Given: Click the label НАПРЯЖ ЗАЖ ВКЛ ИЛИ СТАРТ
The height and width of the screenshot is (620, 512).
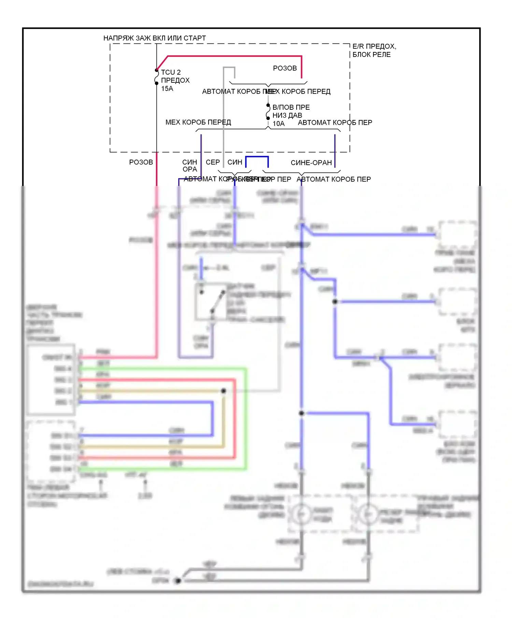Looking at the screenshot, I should point(154,38).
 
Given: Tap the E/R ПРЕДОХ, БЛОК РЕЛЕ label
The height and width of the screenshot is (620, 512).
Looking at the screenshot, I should point(374,50).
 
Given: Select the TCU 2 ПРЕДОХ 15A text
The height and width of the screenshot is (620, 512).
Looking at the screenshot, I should point(175,80).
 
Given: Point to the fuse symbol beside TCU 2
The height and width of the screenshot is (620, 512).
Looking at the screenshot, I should point(157,77).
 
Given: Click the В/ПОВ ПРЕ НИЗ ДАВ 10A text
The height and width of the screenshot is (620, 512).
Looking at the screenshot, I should point(290,115).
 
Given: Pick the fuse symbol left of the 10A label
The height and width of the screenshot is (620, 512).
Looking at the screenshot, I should point(268,112).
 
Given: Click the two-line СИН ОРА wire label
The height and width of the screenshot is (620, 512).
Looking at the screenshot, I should point(189,165).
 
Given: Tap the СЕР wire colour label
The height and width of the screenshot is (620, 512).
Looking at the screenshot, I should point(213,162).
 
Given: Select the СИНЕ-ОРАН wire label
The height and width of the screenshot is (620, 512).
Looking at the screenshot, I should point(311,163).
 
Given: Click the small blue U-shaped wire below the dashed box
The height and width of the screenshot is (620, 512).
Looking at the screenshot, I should point(257,157).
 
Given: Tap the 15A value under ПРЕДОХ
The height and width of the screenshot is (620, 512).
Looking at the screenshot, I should point(167,89).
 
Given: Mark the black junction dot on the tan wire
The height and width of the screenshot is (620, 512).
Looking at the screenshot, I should point(224,391).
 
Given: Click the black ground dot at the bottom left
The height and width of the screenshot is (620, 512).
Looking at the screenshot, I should point(178,581).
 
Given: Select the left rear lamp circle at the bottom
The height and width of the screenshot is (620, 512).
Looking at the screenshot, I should point(301,514).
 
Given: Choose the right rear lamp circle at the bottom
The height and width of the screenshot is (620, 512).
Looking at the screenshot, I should point(368,514).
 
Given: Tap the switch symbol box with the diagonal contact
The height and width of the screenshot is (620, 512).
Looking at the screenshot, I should point(211,301).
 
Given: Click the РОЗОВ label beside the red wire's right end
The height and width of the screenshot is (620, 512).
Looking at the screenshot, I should point(285,68).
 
